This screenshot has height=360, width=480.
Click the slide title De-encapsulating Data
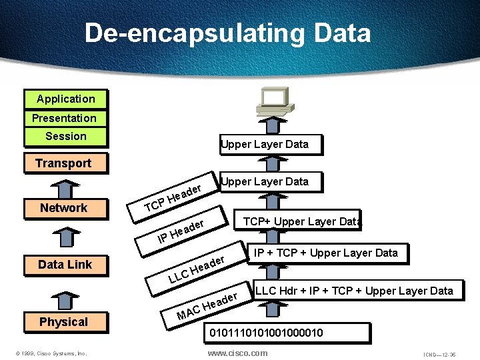pyautogui.click(x=227, y=33)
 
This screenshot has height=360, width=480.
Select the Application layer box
pyautogui.click(x=65, y=99)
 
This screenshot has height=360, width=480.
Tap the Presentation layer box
pyautogui.click(x=64, y=118)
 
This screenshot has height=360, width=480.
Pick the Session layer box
pyautogui.click(x=65, y=137)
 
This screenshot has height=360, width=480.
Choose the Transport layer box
pyautogui.click(x=63, y=163)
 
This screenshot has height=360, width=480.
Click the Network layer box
pyautogui.click(x=63, y=208)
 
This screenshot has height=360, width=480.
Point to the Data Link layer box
pyautogui.click(x=65, y=265)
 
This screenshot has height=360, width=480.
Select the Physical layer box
pyautogui.click(x=63, y=322)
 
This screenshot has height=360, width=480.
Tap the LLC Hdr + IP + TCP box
pyautogui.click(x=354, y=291)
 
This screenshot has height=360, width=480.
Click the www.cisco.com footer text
pyautogui.click(x=237, y=353)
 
